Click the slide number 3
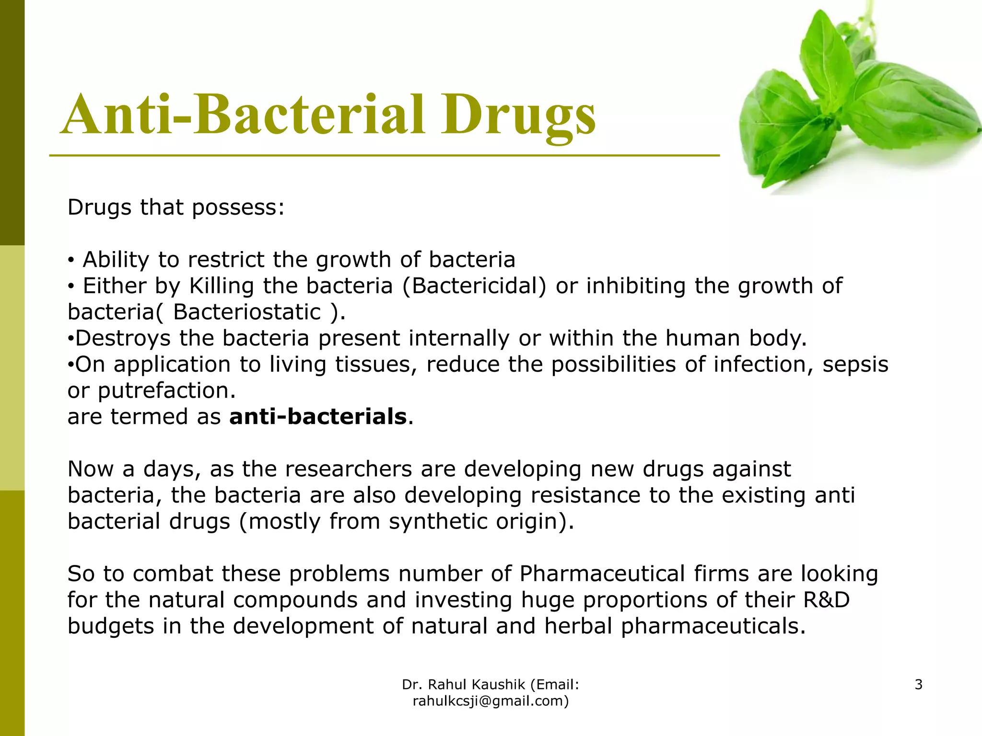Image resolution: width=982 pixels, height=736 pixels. (918, 684)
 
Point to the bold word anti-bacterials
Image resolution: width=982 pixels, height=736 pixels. (318, 416)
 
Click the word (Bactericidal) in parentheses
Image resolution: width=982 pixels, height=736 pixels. (474, 286)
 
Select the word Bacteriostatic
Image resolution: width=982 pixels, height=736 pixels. (247, 312)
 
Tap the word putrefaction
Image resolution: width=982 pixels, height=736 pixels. (166, 391)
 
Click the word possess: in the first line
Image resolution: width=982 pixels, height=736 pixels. (238, 208)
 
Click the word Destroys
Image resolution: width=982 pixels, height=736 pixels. (123, 338)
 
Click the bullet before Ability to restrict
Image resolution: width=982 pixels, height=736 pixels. (71, 260)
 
